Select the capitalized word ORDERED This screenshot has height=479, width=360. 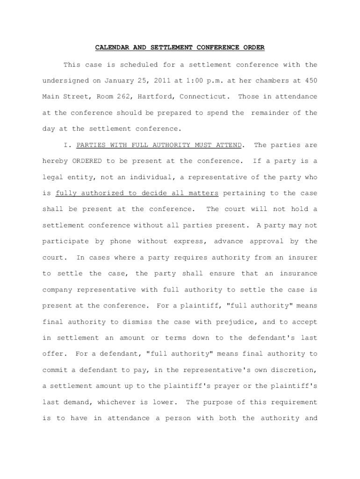87,161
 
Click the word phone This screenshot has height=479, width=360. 120,241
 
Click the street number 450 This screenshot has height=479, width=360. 311,80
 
